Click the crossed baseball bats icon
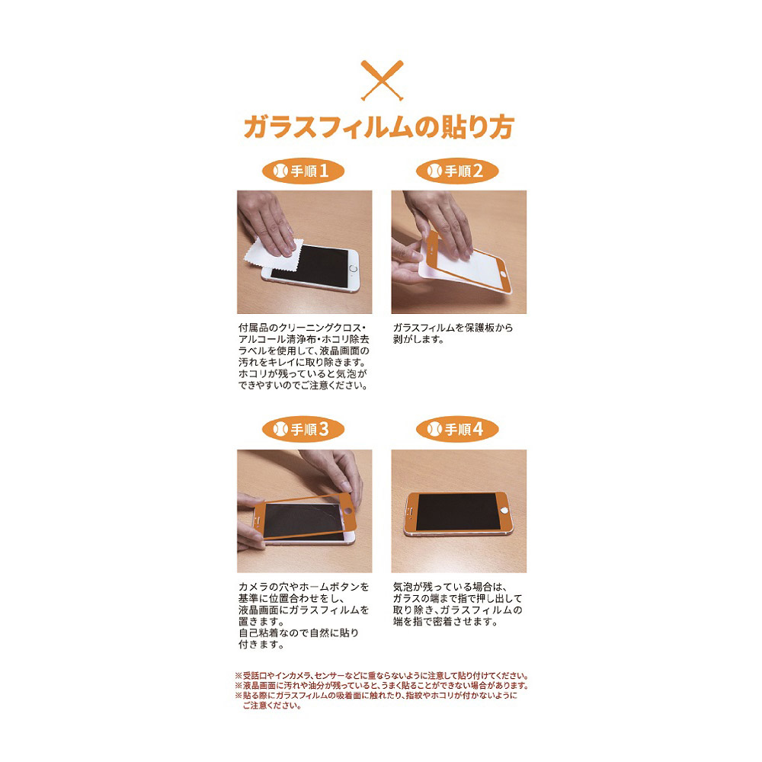[382, 80]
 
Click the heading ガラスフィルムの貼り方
[379, 127]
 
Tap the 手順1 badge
[303, 171]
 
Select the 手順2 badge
[457, 171]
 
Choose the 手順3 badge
[303, 429]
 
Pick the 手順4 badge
[457, 429]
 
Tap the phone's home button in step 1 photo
[354, 269]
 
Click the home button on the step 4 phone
[507, 511]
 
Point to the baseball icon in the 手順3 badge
[280, 429]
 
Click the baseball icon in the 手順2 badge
[434, 171]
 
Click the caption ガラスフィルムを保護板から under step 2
[453, 328]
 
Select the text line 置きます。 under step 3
[262, 622]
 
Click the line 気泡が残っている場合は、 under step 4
[450, 587]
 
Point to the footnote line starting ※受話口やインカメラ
[382, 675]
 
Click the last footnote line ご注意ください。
[272, 706]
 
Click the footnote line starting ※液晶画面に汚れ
[382, 686]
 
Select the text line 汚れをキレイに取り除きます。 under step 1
[303, 363]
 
